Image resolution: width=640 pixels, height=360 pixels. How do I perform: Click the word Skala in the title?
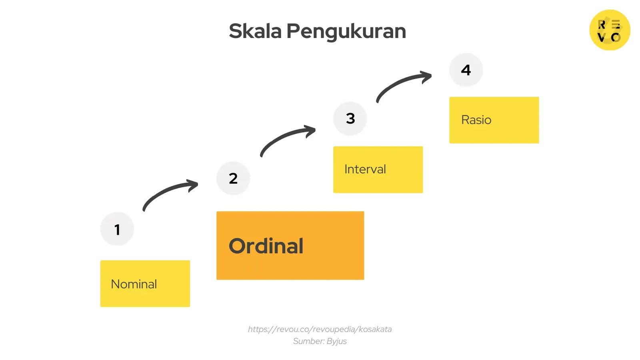pyautogui.click(x=255, y=31)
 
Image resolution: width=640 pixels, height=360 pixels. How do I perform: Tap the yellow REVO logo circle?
pyautogui.click(x=610, y=30)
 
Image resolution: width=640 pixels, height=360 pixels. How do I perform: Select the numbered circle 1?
pyautogui.click(x=117, y=229)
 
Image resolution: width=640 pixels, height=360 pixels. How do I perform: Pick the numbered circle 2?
pyautogui.click(x=233, y=178)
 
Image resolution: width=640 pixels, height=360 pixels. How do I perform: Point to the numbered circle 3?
pyautogui.click(x=350, y=118)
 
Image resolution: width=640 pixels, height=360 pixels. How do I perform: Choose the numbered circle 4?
pyautogui.click(x=466, y=70)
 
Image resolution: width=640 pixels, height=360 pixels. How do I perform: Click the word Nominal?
pyautogui.click(x=134, y=284)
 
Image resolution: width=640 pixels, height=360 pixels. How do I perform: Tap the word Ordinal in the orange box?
pyautogui.click(x=266, y=246)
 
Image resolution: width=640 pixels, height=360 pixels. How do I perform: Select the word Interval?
pyautogui.click(x=365, y=169)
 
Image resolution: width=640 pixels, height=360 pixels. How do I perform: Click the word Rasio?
pyautogui.click(x=476, y=120)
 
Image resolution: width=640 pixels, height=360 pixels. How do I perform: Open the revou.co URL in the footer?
pyautogui.click(x=320, y=329)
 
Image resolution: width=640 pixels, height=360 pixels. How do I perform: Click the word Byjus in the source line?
pyautogui.click(x=336, y=341)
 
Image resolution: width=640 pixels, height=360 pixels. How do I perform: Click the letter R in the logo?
pyautogui.click(x=602, y=25)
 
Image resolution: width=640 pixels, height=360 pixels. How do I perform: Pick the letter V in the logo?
pyautogui.click(x=601, y=38)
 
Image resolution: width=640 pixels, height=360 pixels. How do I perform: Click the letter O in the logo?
pyautogui.click(x=616, y=38)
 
